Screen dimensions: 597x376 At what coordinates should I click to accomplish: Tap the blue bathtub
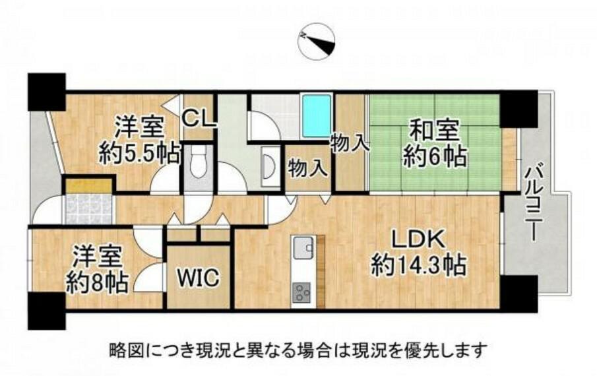point(316,115)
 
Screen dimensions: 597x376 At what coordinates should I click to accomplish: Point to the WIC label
point(199,277)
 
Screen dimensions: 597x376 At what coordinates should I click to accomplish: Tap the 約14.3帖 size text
point(418,265)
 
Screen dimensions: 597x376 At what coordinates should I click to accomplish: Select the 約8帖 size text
point(97,282)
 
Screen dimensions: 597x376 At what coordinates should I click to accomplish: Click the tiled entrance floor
point(88,209)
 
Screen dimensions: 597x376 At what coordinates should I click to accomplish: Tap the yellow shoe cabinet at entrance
point(88,186)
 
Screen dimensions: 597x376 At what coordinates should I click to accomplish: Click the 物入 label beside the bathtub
point(350,144)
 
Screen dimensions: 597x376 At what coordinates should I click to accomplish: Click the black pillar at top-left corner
point(46,92)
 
